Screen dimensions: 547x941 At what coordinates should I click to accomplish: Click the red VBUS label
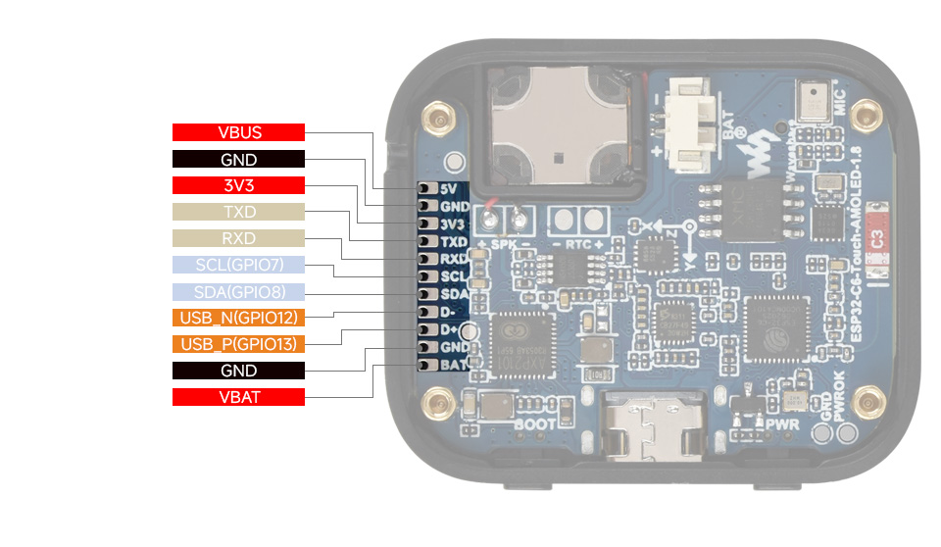238,132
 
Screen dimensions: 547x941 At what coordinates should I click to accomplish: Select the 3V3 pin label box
238,185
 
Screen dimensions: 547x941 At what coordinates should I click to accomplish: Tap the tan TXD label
238,212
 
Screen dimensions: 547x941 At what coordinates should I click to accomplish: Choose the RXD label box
238,238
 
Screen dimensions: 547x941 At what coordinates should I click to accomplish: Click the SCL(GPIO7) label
238,265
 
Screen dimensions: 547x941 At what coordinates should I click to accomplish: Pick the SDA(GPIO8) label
238,291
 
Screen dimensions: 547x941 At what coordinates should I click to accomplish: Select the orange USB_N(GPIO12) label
238,318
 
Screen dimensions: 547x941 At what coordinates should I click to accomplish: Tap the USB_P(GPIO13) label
238,344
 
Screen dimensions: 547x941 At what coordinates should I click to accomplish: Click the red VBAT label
238,397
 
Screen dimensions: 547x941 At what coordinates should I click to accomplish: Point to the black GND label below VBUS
238,159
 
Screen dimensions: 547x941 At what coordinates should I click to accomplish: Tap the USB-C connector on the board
651,427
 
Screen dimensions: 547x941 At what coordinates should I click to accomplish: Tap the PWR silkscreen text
782,425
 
